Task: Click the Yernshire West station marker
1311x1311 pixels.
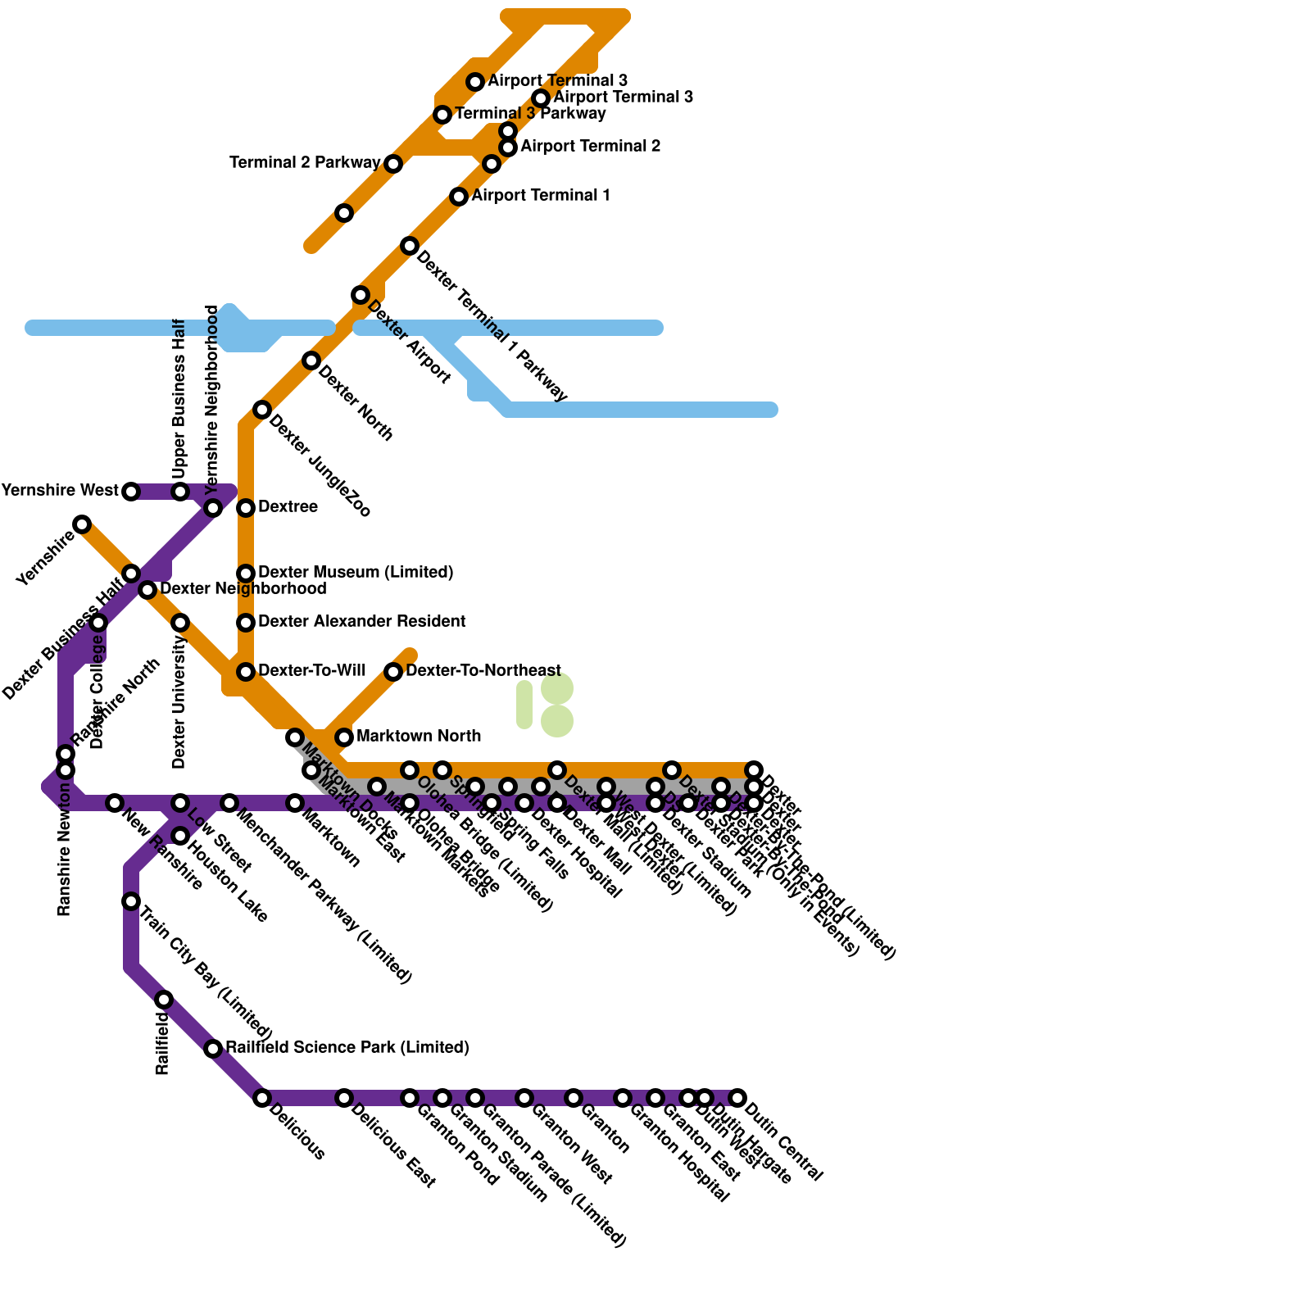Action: pyautogui.click(x=131, y=492)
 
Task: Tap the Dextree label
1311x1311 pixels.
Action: pyautogui.click(x=288, y=507)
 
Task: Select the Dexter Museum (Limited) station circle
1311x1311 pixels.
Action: pyautogui.click(x=246, y=573)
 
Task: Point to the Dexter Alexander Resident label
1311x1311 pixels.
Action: pyautogui.click(x=361, y=622)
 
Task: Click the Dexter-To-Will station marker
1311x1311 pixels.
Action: pyautogui.click(x=246, y=672)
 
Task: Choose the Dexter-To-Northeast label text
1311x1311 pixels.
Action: pyautogui.click(x=483, y=671)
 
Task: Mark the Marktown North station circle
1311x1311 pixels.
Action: pyautogui.click(x=344, y=737)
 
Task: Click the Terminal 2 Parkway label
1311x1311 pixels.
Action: pyautogui.click(x=305, y=163)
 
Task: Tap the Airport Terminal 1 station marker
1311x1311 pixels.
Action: pyautogui.click(x=459, y=197)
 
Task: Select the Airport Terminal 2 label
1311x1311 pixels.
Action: pyautogui.click(x=590, y=147)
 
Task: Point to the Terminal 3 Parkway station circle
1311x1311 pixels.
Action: pyautogui.click(x=442, y=115)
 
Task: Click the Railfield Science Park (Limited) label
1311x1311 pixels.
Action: pyautogui.click(x=347, y=1048)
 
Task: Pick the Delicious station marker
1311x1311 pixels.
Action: pyautogui.click(x=262, y=1098)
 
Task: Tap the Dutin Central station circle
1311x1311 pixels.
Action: pyautogui.click(x=737, y=1098)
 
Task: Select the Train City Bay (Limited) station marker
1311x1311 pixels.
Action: pyautogui.click(x=131, y=901)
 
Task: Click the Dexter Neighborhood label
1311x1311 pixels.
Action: pyautogui.click(x=243, y=589)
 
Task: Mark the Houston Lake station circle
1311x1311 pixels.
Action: pyautogui.click(x=180, y=836)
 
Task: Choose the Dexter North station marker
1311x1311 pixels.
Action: pyautogui.click(x=311, y=361)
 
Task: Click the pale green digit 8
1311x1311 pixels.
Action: pyautogui.click(x=557, y=705)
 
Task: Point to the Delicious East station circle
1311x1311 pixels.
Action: pyautogui.click(x=344, y=1098)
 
